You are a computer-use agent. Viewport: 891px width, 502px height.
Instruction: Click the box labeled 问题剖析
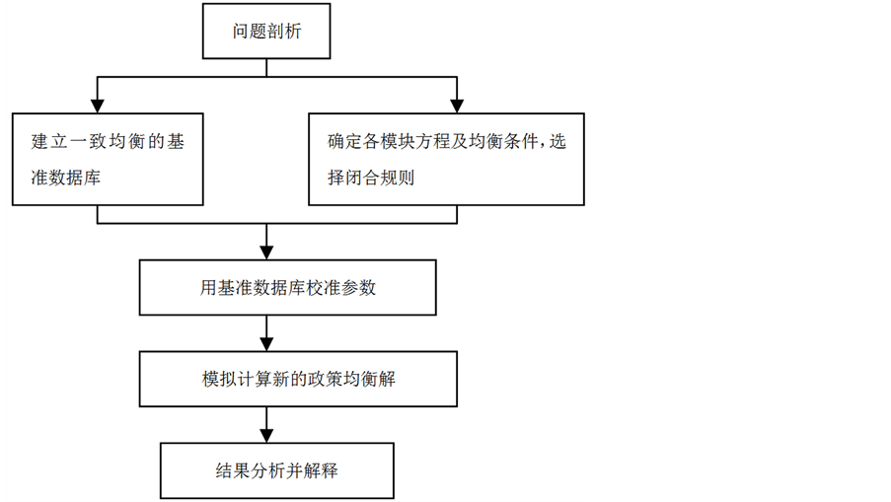point(266,32)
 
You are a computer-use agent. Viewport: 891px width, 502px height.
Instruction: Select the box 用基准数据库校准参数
point(287,288)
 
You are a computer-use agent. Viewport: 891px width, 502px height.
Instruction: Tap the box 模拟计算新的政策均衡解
point(297,379)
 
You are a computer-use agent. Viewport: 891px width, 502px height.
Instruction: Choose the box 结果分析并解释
point(277,470)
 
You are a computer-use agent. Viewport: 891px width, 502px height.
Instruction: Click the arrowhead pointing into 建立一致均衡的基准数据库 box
point(97,103)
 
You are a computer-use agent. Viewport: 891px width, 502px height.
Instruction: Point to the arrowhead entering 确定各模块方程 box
point(457,103)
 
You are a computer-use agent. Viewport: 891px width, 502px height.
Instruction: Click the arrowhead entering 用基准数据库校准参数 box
point(266,252)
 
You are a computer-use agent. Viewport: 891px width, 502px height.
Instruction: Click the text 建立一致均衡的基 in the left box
point(108,141)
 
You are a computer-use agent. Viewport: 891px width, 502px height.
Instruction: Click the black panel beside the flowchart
point(740,251)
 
